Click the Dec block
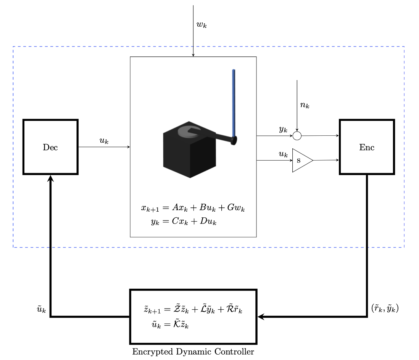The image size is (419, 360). pos(50,147)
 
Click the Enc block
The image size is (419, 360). pos(367,147)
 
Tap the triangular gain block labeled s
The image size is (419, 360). pos(301,161)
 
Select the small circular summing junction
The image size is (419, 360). pos(297,136)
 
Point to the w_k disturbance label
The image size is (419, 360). pos(201,25)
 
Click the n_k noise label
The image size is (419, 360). pos(305,105)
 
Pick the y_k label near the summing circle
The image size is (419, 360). pos(283,130)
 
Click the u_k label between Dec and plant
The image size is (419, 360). pos(104,141)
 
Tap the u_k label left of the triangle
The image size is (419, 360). pos(283,154)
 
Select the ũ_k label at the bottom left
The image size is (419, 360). pos(41,310)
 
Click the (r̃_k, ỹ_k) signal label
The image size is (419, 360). pos(385,309)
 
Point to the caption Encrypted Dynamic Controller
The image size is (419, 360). pos(193,352)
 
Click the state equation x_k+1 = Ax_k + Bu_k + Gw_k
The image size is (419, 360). pos(193,208)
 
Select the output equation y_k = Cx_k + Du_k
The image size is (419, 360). pos(184,222)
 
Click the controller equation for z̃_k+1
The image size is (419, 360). pos(193,309)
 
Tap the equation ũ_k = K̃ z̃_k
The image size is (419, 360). pos(170,325)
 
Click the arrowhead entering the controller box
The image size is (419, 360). pos(260,317)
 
